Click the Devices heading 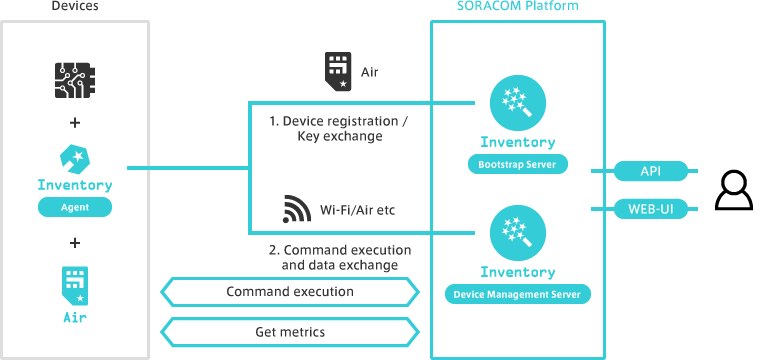[75, 6]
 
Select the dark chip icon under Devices [75, 78]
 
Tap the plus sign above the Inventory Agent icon [75, 123]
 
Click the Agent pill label [75, 208]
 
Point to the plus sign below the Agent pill [75, 242]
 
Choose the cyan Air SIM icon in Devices [75, 286]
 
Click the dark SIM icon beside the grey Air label [337, 71]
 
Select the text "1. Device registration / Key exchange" [340, 129]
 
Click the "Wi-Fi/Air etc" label [359, 211]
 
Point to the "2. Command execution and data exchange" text [340, 257]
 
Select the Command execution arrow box [289, 292]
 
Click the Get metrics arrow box [289, 331]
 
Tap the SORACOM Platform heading [517, 6]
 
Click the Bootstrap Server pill [517, 163]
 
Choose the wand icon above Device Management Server [517, 232]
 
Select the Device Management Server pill [517, 294]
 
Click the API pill [650, 171]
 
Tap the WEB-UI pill [650, 209]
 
